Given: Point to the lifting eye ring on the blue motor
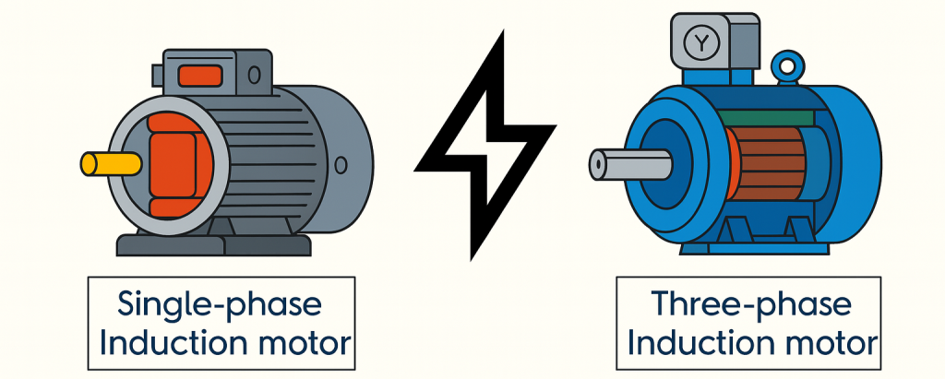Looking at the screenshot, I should coord(787,67).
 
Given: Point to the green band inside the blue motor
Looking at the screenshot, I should coord(765,117).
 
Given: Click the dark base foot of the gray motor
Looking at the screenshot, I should coord(212,244).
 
